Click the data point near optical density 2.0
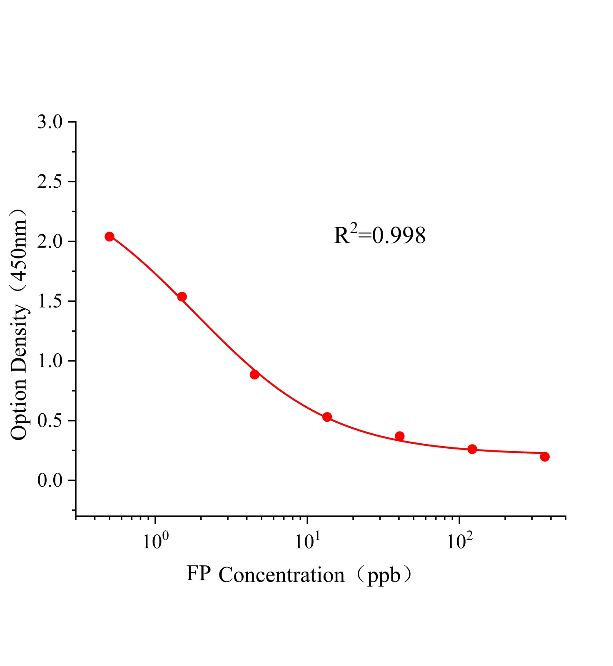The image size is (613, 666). coord(110,236)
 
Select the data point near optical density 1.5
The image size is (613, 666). coord(182,297)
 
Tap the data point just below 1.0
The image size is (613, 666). coord(254,374)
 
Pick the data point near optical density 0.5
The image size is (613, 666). coord(327,417)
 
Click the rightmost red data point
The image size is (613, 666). coord(545,457)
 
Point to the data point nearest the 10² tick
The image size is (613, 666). coord(472,449)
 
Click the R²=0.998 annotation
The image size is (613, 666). coord(379,236)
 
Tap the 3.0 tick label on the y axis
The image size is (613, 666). coord(50,122)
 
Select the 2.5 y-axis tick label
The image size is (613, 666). coord(50,182)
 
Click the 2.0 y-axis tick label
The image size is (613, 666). coord(50,242)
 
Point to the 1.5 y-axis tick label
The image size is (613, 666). coord(50,301)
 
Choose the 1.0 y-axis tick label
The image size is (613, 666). coord(50,361)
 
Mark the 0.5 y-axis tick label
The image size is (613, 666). coord(50,421)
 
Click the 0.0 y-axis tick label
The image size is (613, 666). coord(50,481)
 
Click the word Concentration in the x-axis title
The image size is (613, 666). coord(282,575)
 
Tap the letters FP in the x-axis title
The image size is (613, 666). coord(198,574)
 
